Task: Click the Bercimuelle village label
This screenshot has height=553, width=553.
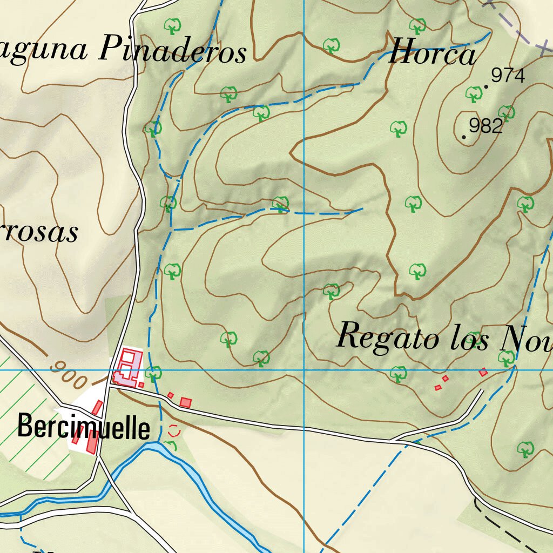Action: click(x=84, y=427)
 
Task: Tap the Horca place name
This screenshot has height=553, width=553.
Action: click(x=432, y=53)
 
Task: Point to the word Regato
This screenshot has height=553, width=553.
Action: click(x=387, y=337)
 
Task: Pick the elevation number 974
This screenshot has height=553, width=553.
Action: click(x=508, y=76)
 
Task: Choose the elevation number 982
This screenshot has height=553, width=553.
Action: click(x=486, y=126)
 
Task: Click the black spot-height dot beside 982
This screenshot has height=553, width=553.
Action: click(x=464, y=137)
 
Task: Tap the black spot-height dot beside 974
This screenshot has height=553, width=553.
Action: click(x=486, y=86)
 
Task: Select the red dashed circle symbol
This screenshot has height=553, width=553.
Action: click(x=174, y=430)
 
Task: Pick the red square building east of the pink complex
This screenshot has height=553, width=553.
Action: click(x=186, y=402)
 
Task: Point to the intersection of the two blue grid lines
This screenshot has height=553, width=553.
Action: click(x=304, y=370)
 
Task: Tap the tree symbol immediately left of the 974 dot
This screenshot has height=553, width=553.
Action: click(x=474, y=94)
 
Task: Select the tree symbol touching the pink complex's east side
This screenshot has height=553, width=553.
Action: click(x=154, y=373)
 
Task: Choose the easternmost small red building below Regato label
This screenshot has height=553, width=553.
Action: click(x=483, y=372)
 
